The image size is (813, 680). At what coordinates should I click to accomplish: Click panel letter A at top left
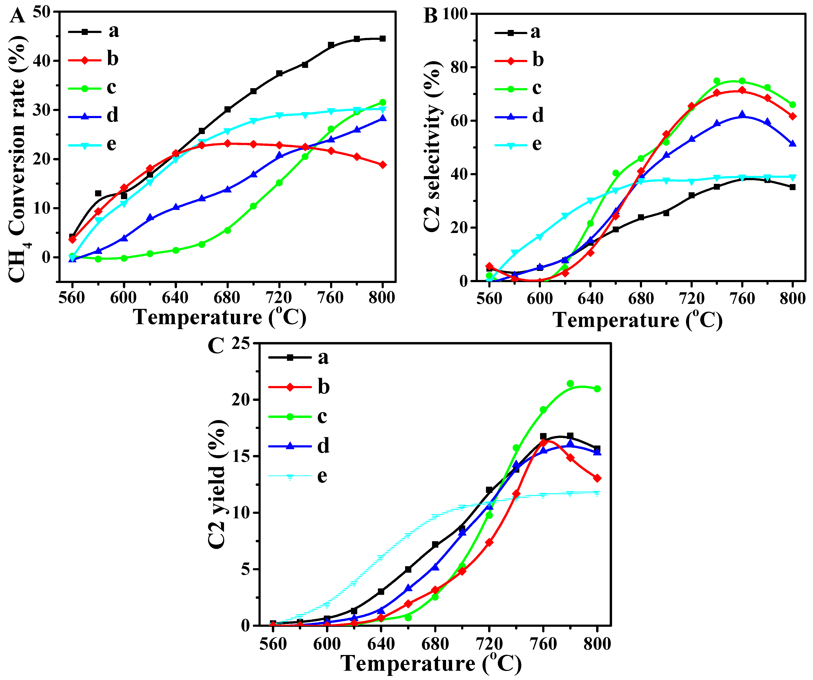coord(17,16)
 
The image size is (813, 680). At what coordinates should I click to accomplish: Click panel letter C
coord(216,346)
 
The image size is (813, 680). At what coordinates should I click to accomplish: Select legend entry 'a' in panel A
coord(113,31)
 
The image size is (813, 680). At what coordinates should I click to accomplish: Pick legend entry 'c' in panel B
coord(537,88)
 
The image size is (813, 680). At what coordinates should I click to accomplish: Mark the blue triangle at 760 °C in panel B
coord(742,115)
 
